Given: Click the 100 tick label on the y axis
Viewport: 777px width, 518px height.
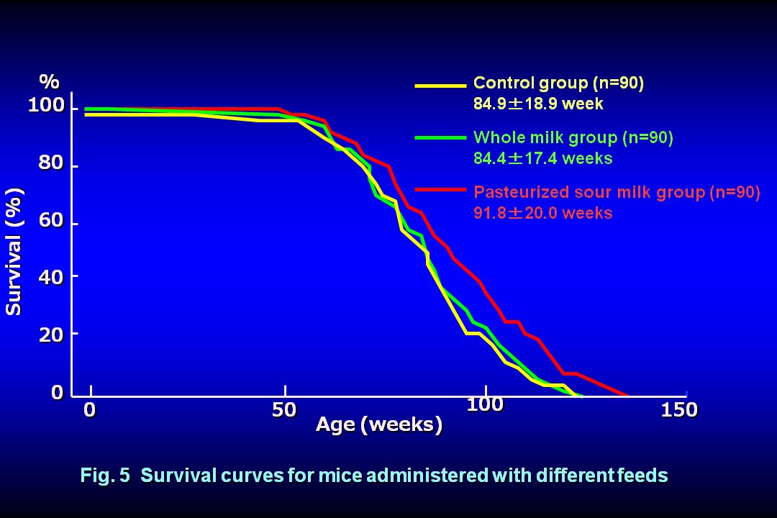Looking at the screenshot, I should tap(47, 106).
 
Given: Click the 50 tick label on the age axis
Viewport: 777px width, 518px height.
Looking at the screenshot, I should tap(284, 410).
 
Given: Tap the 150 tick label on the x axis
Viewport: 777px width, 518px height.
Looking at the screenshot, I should tap(680, 410).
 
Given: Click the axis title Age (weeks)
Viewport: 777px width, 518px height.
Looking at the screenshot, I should tap(379, 424).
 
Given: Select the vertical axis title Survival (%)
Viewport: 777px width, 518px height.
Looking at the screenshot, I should tap(14, 251).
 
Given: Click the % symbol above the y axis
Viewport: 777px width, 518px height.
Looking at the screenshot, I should tap(49, 80).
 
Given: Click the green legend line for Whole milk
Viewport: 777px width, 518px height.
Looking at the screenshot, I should tap(440, 137).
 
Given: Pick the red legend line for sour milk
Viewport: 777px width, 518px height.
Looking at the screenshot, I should tap(440, 189).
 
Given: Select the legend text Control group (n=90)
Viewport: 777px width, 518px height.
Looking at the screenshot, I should tap(558, 83).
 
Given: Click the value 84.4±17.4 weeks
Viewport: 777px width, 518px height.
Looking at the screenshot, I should tap(542, 158).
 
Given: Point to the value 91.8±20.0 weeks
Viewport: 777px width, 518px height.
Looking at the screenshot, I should tap(542, 213).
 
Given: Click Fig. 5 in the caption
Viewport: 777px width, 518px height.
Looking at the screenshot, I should tap(104, 476).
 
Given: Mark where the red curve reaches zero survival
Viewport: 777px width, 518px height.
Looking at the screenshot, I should tap(627, 395).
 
